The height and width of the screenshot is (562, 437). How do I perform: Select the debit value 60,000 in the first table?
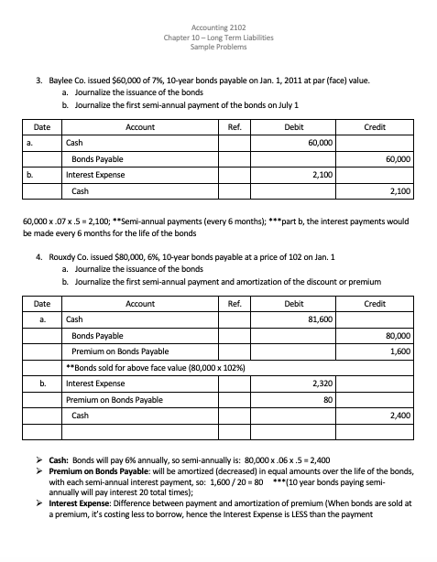click(320, 144)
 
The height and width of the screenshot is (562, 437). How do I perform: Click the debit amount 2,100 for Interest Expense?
click(322, 175)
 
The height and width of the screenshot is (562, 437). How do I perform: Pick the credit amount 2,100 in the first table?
click(399, 191)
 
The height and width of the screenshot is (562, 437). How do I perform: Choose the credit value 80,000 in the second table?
click(397, 335)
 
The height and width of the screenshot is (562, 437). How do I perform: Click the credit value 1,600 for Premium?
click(399, 351)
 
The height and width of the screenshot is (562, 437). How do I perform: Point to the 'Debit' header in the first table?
click(295, 127)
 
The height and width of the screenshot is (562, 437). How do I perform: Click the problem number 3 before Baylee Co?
click(38, 81)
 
